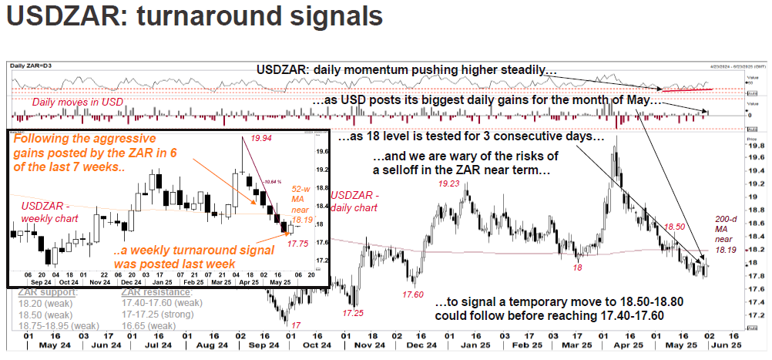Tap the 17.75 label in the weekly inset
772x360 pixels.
pos(297,243)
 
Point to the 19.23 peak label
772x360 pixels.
pos(450,184)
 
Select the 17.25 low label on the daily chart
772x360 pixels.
pos(354,314)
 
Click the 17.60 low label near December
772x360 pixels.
pos(412,294)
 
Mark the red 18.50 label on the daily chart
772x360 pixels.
pos(674,227)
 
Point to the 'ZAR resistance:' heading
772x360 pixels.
pos(156,292)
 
